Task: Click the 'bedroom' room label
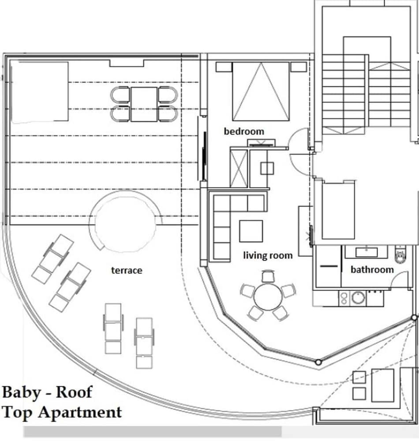244,131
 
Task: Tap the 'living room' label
268,255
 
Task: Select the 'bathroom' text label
372,269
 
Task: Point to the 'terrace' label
127,270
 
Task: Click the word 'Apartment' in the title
80,412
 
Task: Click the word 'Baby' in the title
21,392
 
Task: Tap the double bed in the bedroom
261,91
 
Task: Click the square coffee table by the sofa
251,231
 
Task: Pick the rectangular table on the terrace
144,105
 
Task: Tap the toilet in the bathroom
400,254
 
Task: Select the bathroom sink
367,252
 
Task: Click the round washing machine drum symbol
359,298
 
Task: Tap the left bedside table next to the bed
224,67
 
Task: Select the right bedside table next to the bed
298,67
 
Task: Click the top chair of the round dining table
268,276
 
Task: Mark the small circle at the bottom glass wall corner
318,362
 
